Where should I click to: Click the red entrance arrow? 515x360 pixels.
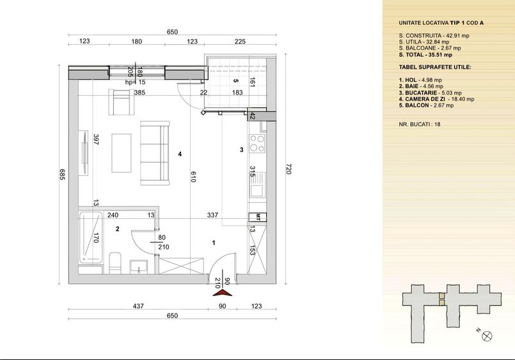(223, 292)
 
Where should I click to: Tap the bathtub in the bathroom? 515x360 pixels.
(91, 238)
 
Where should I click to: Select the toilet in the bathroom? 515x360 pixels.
(115, 263)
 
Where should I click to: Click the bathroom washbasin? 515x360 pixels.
(139, 267)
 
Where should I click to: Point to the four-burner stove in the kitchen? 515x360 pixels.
(257, 143)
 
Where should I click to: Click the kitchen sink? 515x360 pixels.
(257, 185)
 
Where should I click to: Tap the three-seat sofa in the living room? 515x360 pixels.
(155, 153)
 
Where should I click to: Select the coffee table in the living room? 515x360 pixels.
(121, 153)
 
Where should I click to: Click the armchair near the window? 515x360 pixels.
(122, 102)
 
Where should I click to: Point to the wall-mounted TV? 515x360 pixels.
(83, 153)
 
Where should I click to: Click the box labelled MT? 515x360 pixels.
(257, 217)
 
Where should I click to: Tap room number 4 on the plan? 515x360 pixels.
(180, 154)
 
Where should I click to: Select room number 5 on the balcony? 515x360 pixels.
(235, 81)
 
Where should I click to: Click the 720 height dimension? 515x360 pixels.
(289, 169)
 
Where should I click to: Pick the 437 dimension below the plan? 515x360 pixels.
(138, 306)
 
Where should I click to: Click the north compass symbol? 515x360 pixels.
(487, 336)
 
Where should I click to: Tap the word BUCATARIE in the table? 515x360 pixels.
(421, 93)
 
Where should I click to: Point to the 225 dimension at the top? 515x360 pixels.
(240, 42)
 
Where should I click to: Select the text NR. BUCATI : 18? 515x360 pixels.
(420, 125)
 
